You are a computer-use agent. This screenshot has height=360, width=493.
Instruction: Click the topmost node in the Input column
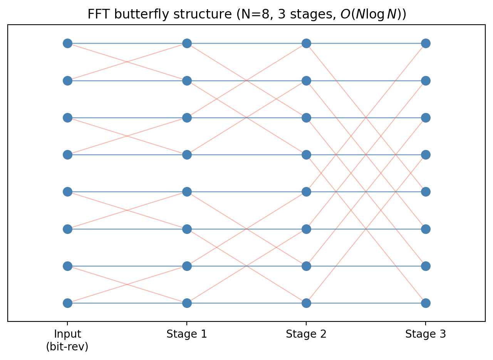[67, 43]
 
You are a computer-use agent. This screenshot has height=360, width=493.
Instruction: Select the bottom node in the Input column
[67, 303]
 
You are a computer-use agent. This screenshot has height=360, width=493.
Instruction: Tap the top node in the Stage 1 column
[187, 43]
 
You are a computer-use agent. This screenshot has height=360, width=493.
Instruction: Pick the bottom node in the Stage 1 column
[187, 303]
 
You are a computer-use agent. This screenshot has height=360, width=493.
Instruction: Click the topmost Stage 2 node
[306, 43]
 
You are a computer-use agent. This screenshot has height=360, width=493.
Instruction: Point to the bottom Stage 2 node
[306, 303]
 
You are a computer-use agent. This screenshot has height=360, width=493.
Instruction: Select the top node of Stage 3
[426, 43]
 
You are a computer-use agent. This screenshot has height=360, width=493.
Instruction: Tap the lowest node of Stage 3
[426, 303]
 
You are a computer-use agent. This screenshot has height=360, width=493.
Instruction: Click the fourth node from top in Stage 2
[306, 155]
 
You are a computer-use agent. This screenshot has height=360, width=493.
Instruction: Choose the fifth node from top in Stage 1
[187, 192]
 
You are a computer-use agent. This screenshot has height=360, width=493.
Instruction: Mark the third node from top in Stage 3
[426, 118]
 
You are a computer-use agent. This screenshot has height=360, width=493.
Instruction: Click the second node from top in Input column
[67, 81]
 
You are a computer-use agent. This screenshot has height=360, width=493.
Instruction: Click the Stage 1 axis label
[187, 334]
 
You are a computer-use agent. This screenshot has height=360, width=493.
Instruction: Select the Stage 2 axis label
[306, 334]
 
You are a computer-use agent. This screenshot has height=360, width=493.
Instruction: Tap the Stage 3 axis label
[426, 334]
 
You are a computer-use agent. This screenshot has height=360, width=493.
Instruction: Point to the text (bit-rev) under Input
[67, 347]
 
